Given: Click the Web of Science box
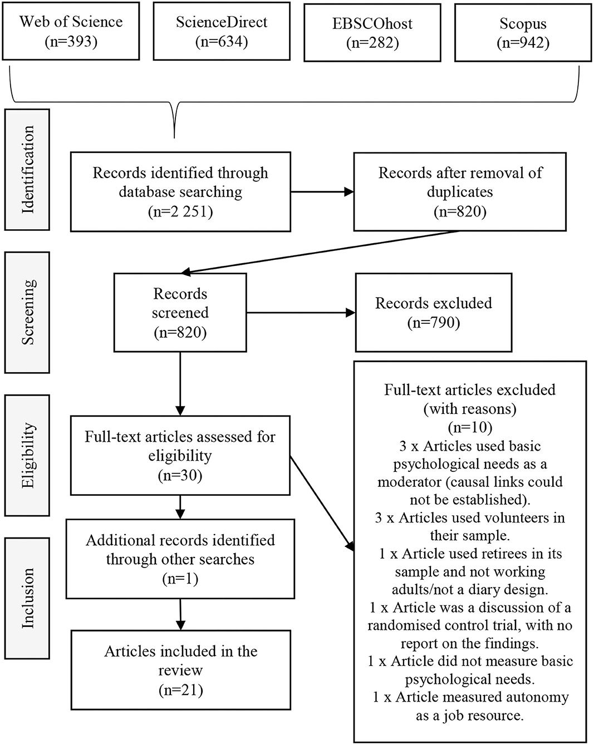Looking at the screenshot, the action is [x=71, y=31].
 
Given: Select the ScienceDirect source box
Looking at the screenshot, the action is [x=222, y=31].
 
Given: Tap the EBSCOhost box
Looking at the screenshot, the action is [x=372, y=32].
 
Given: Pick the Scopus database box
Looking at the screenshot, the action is [x=523, y=32].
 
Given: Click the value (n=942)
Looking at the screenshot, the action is [x=523, y=43].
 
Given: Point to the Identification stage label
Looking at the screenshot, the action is [x=27, y=170].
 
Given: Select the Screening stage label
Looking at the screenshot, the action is [x=27, y=312].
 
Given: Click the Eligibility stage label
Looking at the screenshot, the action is [x=27, y=455].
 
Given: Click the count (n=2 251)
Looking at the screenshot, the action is [x=180, y=211].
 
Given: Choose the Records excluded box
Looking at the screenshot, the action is [x=434, y=313].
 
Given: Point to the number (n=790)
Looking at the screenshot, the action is [x=434, y=323].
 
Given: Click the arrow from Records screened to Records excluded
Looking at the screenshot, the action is [x=301, y=313].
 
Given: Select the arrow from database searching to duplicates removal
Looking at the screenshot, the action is [x=322, y=192].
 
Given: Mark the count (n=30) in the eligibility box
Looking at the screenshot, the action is [x=180, y=475].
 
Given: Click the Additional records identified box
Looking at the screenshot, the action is [x=180, y=559].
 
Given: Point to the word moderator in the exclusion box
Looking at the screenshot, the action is [x=409, y=481].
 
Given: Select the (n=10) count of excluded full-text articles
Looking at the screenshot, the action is [x=470, y=427].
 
